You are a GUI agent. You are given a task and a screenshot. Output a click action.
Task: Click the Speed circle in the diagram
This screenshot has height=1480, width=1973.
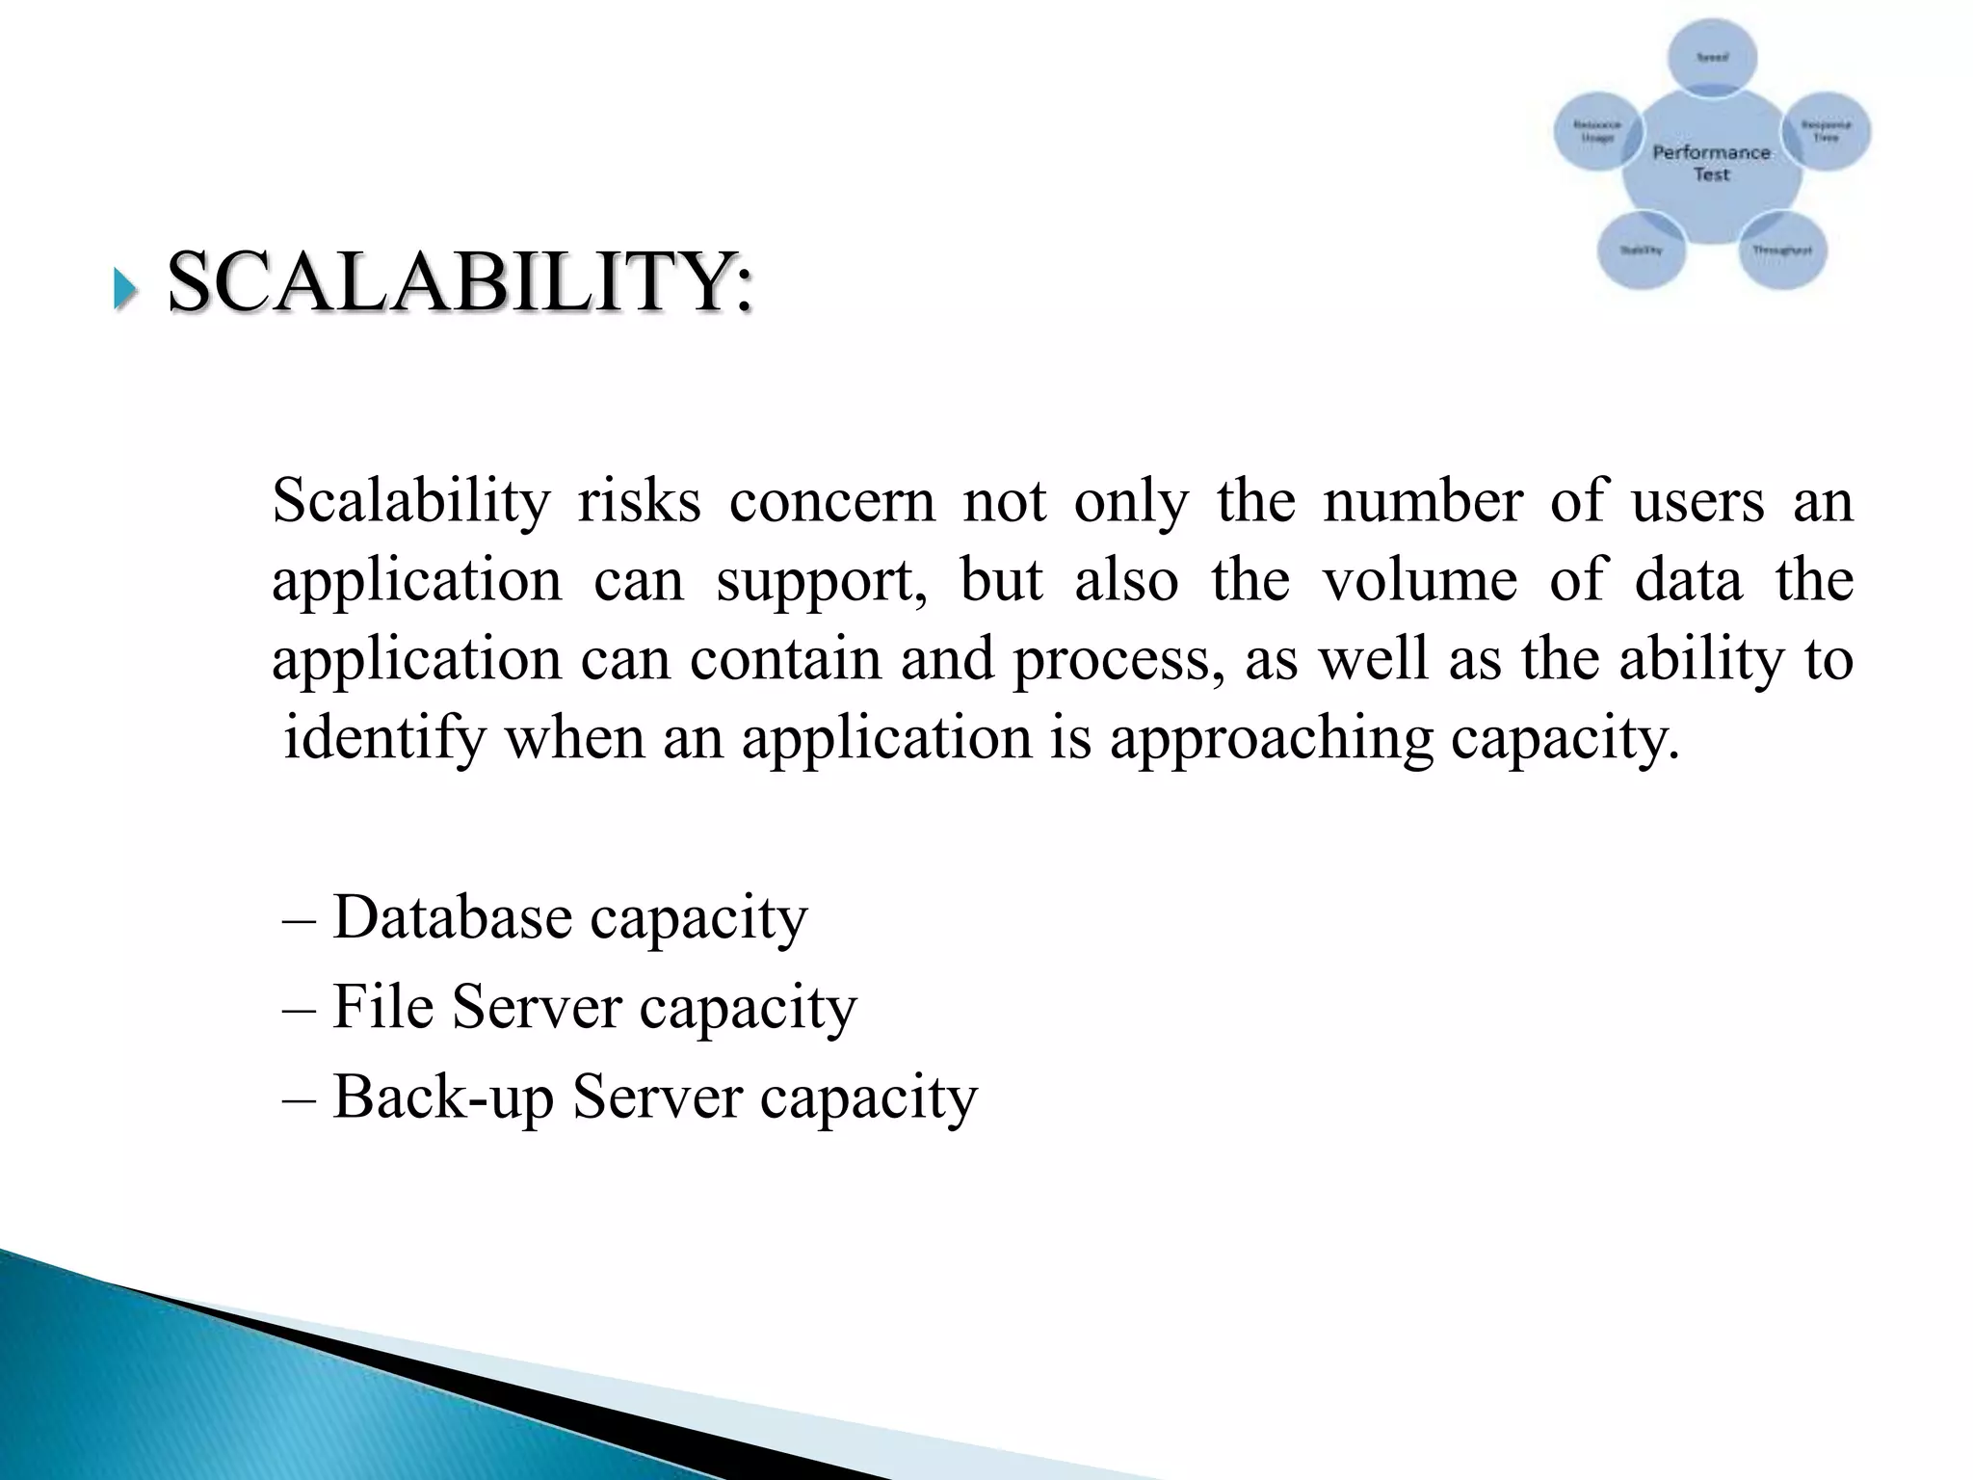1712,58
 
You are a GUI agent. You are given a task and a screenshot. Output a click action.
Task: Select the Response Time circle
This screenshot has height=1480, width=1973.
1826,131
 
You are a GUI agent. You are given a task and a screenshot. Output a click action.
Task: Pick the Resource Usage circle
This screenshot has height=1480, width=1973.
1596,131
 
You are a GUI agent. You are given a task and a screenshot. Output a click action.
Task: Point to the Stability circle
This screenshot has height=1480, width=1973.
1641,250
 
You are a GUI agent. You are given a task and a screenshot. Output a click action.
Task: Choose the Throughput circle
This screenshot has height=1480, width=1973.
1781,251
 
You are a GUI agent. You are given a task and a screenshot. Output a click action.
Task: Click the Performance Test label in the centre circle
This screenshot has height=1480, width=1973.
1712,163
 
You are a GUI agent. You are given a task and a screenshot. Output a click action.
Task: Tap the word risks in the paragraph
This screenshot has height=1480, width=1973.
639,502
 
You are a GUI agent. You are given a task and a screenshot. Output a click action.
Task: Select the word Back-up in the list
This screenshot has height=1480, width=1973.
443,1097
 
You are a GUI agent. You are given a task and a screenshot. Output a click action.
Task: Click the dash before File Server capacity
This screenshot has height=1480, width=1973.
297,1009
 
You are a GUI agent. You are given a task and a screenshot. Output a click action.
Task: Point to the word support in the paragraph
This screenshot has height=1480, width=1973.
822,581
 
